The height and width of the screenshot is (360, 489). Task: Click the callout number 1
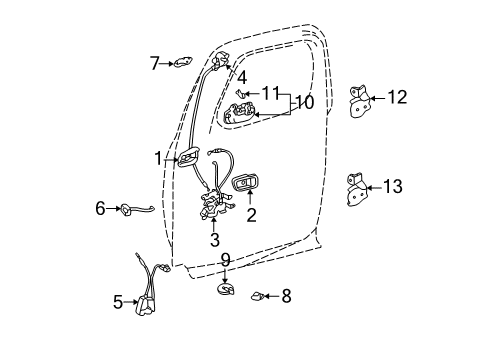[158, 157]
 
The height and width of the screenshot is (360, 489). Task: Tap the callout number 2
[252, 213]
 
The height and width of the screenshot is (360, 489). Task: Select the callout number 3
[214, 240]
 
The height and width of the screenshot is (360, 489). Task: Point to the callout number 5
[117, 301]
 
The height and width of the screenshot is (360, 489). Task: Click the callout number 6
[100, 208]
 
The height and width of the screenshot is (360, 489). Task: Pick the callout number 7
[155, 64]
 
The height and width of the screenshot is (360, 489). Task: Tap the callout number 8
[286, 296]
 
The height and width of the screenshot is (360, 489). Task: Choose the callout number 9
[225, 260]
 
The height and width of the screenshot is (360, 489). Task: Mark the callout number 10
[302, 103]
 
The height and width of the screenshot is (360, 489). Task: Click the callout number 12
[397, 97]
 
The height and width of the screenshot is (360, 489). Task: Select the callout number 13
[392, 186]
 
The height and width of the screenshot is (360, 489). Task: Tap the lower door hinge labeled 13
[358, 190]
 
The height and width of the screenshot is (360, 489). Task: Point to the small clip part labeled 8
[258, 296]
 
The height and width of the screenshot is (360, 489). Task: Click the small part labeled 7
[183, 63]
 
